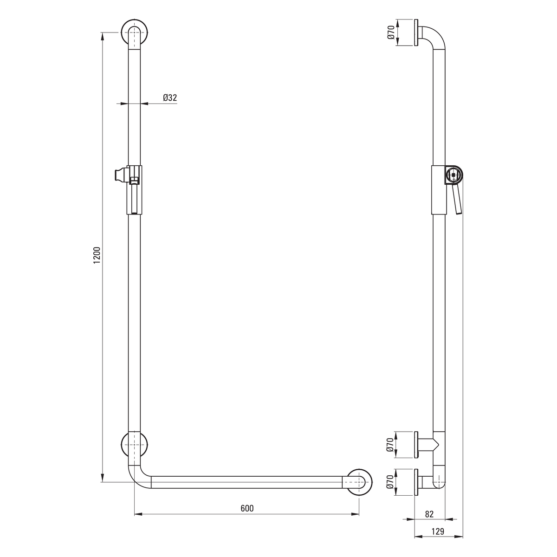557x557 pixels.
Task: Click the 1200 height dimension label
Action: (x=97, y=255)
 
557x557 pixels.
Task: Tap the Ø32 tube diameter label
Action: (x=170, y=97)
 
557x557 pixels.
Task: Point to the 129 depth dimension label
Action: (x=438, y=531)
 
